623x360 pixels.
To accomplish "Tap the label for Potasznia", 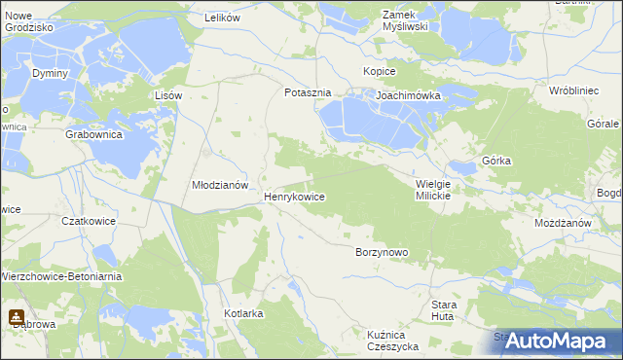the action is (x=308, y=92).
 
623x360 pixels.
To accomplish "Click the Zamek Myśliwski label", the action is (x=406, y=20).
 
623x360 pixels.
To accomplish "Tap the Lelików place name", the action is (x=222, y=18).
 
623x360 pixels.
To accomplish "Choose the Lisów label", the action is (x=169, y=95).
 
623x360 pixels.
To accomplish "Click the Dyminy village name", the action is (x=50, y=73).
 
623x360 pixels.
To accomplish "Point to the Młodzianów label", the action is (x=221, y=184).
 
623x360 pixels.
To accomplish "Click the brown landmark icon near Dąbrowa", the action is (x=17, y=316).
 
